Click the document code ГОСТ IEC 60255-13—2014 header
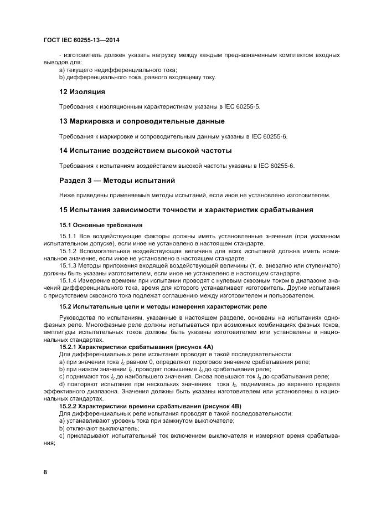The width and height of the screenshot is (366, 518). (x=82, y=40)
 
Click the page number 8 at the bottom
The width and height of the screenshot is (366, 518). (x=45, y=471)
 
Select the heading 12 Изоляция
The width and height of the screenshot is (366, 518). (x=82, y=91)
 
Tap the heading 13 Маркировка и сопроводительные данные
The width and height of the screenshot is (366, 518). (x=142, y=121)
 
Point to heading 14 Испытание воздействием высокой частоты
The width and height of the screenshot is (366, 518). (x=145, y=150)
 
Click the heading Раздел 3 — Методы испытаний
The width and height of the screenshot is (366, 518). (x=117, y=180)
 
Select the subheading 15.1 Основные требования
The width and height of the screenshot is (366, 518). (x=101, y=225)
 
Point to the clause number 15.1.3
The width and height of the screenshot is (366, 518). (x=68, y=266)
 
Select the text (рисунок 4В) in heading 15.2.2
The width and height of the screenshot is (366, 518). (x=210, y=406)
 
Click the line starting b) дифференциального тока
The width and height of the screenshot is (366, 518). (x=137, y=77)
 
